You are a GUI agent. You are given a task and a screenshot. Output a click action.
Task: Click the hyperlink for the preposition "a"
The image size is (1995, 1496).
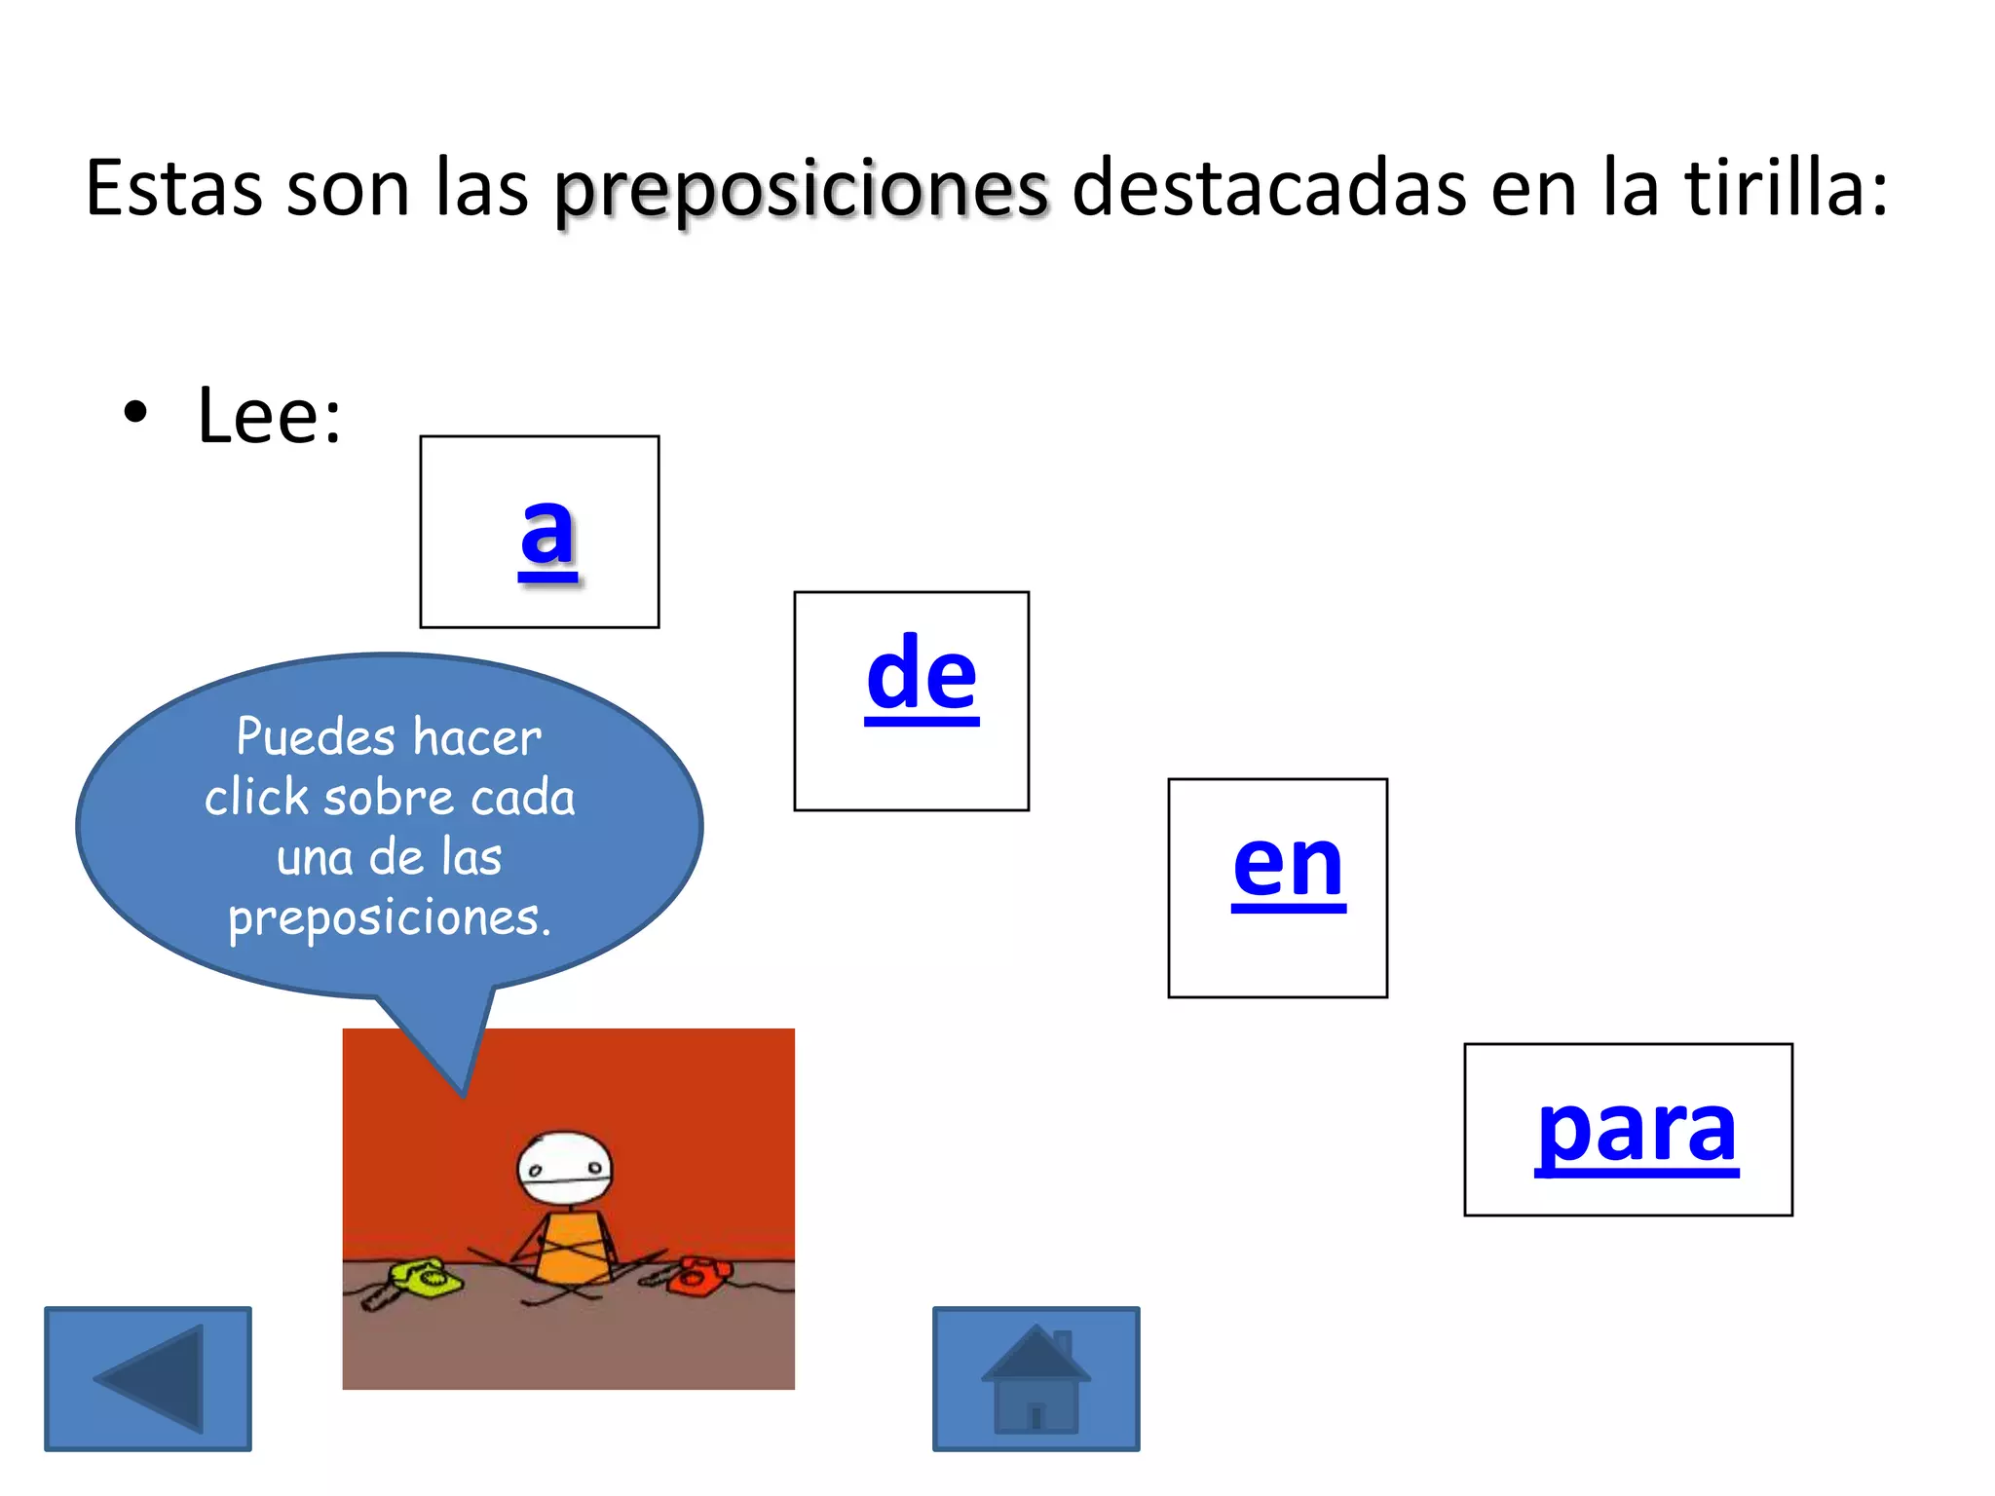(547, 533)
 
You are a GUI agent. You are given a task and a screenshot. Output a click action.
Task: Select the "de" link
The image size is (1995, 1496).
(922, 675)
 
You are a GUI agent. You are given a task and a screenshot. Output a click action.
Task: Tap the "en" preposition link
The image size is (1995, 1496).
(1288, 864)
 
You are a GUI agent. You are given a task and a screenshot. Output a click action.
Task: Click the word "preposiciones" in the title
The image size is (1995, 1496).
(802, 189)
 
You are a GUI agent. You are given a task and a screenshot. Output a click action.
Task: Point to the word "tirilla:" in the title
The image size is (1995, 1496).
(1787, 187)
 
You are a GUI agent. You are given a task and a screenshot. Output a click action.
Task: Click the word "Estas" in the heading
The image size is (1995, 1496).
(173, 187)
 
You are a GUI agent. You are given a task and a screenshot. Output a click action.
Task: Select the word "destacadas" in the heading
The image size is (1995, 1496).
(1268, 187)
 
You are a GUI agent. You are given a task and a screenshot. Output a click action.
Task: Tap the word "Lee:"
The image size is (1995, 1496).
(269, 417)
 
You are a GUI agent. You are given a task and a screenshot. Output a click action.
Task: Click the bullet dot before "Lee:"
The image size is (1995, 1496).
(135, 412)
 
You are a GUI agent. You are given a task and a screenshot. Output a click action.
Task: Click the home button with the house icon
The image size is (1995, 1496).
(1035, 1379)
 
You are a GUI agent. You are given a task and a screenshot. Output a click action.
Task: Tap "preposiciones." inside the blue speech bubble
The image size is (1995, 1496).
(390, 918)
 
